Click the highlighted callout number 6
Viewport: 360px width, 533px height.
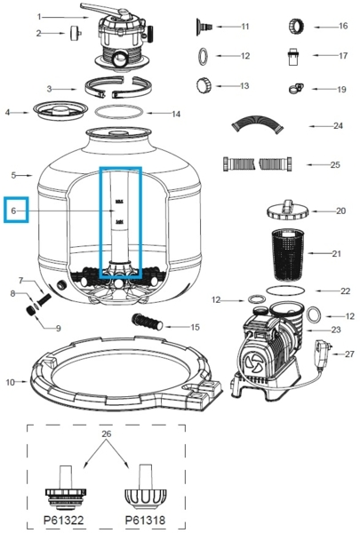(x=15, y=211)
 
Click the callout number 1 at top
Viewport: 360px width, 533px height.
(x=38, y=16)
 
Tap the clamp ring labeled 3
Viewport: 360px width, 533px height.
(x=115, y=89)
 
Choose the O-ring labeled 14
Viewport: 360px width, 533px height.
(x=115, y=114)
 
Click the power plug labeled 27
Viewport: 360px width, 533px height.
(x=321, y=351)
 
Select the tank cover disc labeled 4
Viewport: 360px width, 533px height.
(x=58, y=110)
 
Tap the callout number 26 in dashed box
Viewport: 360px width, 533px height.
(x=107, y=434)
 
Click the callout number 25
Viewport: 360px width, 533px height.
(x=336, y=164)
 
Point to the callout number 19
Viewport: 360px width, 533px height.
(x=341, y=90)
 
